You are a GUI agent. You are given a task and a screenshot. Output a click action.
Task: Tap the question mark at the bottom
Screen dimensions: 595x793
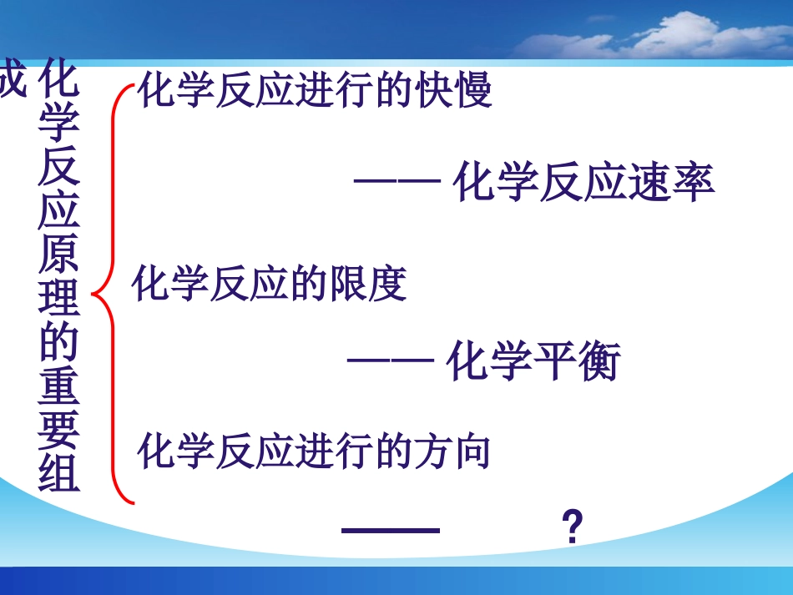(571, 529)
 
